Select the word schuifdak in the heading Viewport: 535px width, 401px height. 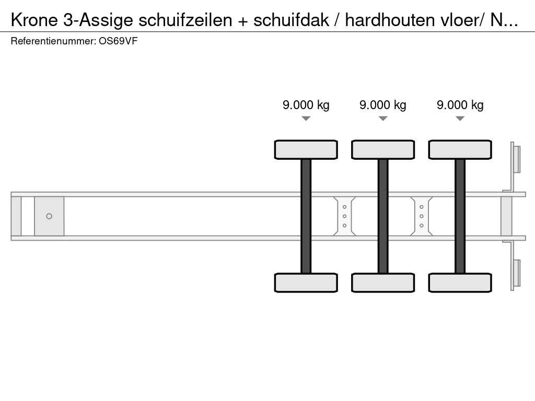pyautogui.click(x=291, y=20)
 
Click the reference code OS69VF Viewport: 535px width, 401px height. pyautogui.click(x=118, y=41)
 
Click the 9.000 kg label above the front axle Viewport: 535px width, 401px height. pyautogui.click(x=306, y=105)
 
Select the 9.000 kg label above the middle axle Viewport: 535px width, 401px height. pyautogui.click(x=383, y=105)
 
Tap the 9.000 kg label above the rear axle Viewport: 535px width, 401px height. pyautogui.click(x=460, y=105)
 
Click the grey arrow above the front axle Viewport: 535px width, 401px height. pyautogui.click(x=306, y=119)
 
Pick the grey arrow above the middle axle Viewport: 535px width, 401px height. pyautogui.click(x=383, y=119)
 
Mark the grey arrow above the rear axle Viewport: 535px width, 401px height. pyautogui.click(x=460, y=119)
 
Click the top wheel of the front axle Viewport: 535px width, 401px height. pyautogui.click(x=306, y=150)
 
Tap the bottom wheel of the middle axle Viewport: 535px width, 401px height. pyautogui.click(x=383, y=282)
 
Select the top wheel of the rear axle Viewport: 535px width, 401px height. pyautogui.click(x=460, y=150)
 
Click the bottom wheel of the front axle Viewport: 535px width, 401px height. pyautogui.click(x=306, y=282)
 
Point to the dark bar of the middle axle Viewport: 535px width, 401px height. pyautogui.click(x=383, y=216)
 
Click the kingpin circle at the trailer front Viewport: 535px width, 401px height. pyautogui.click(x=49, y=216)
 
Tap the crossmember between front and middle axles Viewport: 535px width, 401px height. pyautogui.click(x=344, y=216)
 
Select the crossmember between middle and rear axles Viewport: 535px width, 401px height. pyautogui.click(x=422, y=216)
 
